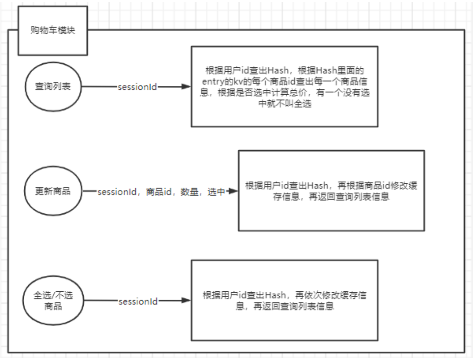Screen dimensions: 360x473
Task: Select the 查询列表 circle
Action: (54, 86)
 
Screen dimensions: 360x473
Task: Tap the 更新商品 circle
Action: (54, 191)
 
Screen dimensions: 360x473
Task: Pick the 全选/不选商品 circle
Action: (54, 301)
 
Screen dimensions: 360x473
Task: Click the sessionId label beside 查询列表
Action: (137, 87)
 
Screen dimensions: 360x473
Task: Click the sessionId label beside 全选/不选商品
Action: (137, 301)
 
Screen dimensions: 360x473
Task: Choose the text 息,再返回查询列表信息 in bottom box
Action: (285, 306)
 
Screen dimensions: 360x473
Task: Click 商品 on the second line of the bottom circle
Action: (54, 306)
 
